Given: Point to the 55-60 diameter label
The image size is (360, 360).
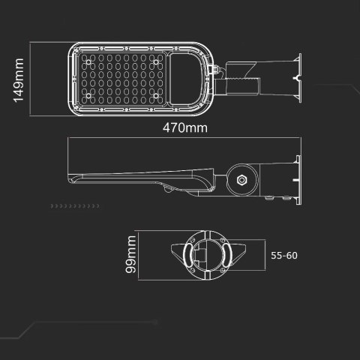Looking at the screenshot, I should click(x=283, y=255).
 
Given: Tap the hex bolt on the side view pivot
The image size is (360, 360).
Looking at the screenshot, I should click(x=241, y=181).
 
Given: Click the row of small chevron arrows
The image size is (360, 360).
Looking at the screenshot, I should click(x=74, y=205).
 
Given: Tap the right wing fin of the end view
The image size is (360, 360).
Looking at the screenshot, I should click(x=244, y=255).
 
